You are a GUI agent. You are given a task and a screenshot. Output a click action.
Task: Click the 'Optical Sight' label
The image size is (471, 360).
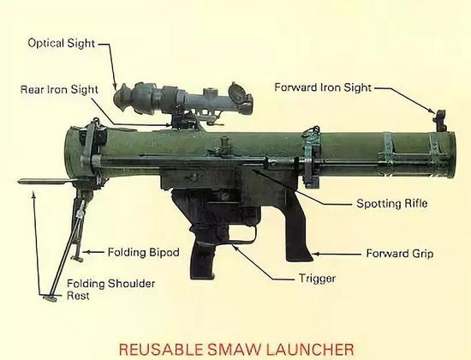(x=62, y=43)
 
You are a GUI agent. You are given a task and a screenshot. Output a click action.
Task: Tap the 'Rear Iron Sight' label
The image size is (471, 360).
(x=59, y=90)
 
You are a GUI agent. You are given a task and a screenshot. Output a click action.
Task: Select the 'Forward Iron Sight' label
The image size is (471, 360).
(x=323, y=87)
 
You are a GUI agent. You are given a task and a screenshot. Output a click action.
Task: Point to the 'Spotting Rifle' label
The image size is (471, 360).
(x=391, y=204)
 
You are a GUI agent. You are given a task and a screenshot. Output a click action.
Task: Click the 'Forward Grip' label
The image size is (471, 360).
(x=400, y=254)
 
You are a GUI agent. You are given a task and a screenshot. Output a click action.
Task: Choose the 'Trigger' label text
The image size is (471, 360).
(x=317, y=279)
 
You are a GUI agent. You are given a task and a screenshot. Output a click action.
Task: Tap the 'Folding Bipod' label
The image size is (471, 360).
(x=143, y=252)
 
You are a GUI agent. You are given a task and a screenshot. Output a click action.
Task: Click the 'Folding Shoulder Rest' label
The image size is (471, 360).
(x=110, y=290)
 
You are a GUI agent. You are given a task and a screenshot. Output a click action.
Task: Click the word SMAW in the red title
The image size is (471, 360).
(x=234, y=349)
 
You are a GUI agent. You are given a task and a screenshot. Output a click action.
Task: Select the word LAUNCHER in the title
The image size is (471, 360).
(x=310, y=349)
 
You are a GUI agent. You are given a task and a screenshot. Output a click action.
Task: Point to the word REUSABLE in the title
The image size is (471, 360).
(x=161, y=349)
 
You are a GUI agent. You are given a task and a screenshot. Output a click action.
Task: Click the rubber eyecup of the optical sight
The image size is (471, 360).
(x=122, y=97)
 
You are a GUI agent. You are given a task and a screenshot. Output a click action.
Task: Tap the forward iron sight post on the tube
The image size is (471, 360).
(x=439, y=121)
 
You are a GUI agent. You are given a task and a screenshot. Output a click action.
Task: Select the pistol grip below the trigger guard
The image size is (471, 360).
(x=202, y=255)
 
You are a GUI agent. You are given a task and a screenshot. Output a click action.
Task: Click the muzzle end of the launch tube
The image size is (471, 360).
(x=450, y=155)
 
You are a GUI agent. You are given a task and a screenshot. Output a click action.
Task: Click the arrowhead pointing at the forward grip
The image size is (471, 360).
(x=316, y=254)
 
